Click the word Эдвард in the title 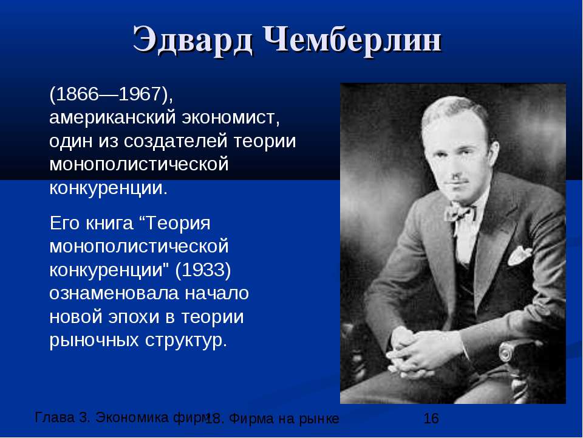click(193, 41)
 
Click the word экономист click(230, 117)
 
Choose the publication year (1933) click(203, 270)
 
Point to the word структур click(186, 341)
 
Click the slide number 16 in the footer click(431, 419)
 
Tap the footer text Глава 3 click(63, 417)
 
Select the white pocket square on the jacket click(519, 255)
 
